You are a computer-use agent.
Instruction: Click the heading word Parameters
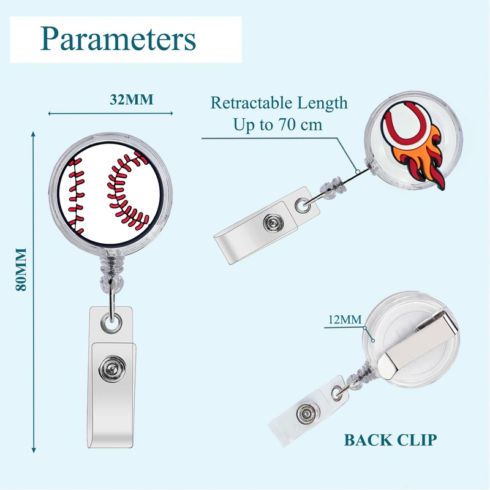point(118,39)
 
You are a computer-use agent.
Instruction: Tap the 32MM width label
point(131,100)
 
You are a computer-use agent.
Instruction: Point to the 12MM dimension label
point(345,319)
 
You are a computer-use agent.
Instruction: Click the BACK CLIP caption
point(390,439)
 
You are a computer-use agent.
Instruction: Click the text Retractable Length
point(279,102)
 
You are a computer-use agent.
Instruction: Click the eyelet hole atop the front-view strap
point(112,320)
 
